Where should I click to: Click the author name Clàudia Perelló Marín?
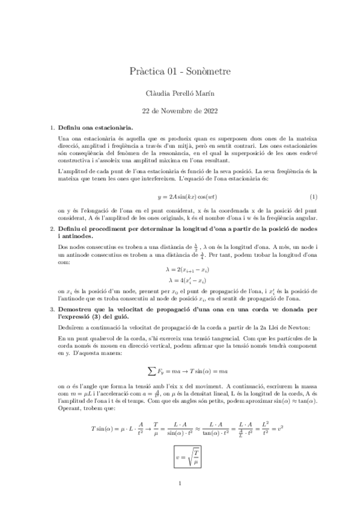[x=180, y=94]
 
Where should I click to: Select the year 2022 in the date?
[x=209, y=111]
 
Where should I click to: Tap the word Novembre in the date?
[x=175, y=111]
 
